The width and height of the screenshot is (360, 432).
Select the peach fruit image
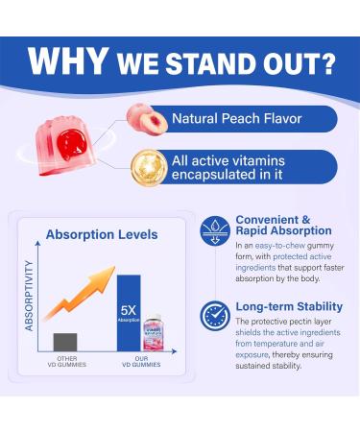pyautogui.click(x=144, y=117)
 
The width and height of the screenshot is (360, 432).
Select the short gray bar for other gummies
pyautogui.click(x=65, y=343)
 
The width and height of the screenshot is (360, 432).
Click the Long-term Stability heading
pyautogui.click(x=285, y=306)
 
